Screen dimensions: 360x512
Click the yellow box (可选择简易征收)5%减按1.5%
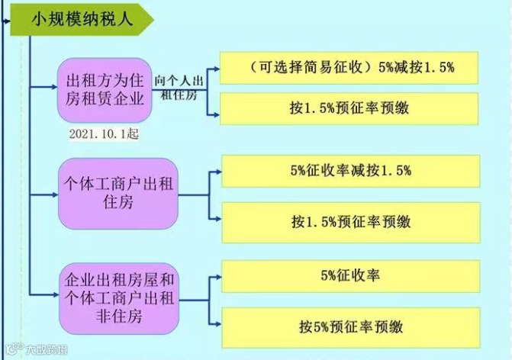349,68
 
